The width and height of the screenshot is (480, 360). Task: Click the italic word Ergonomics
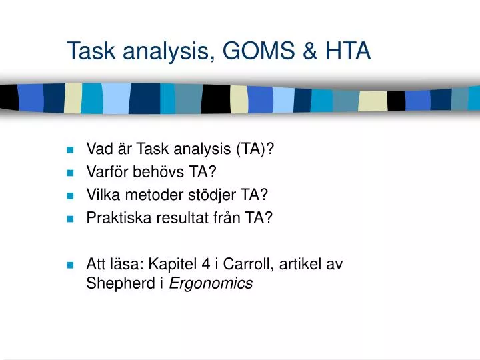(x=211, y=283)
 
